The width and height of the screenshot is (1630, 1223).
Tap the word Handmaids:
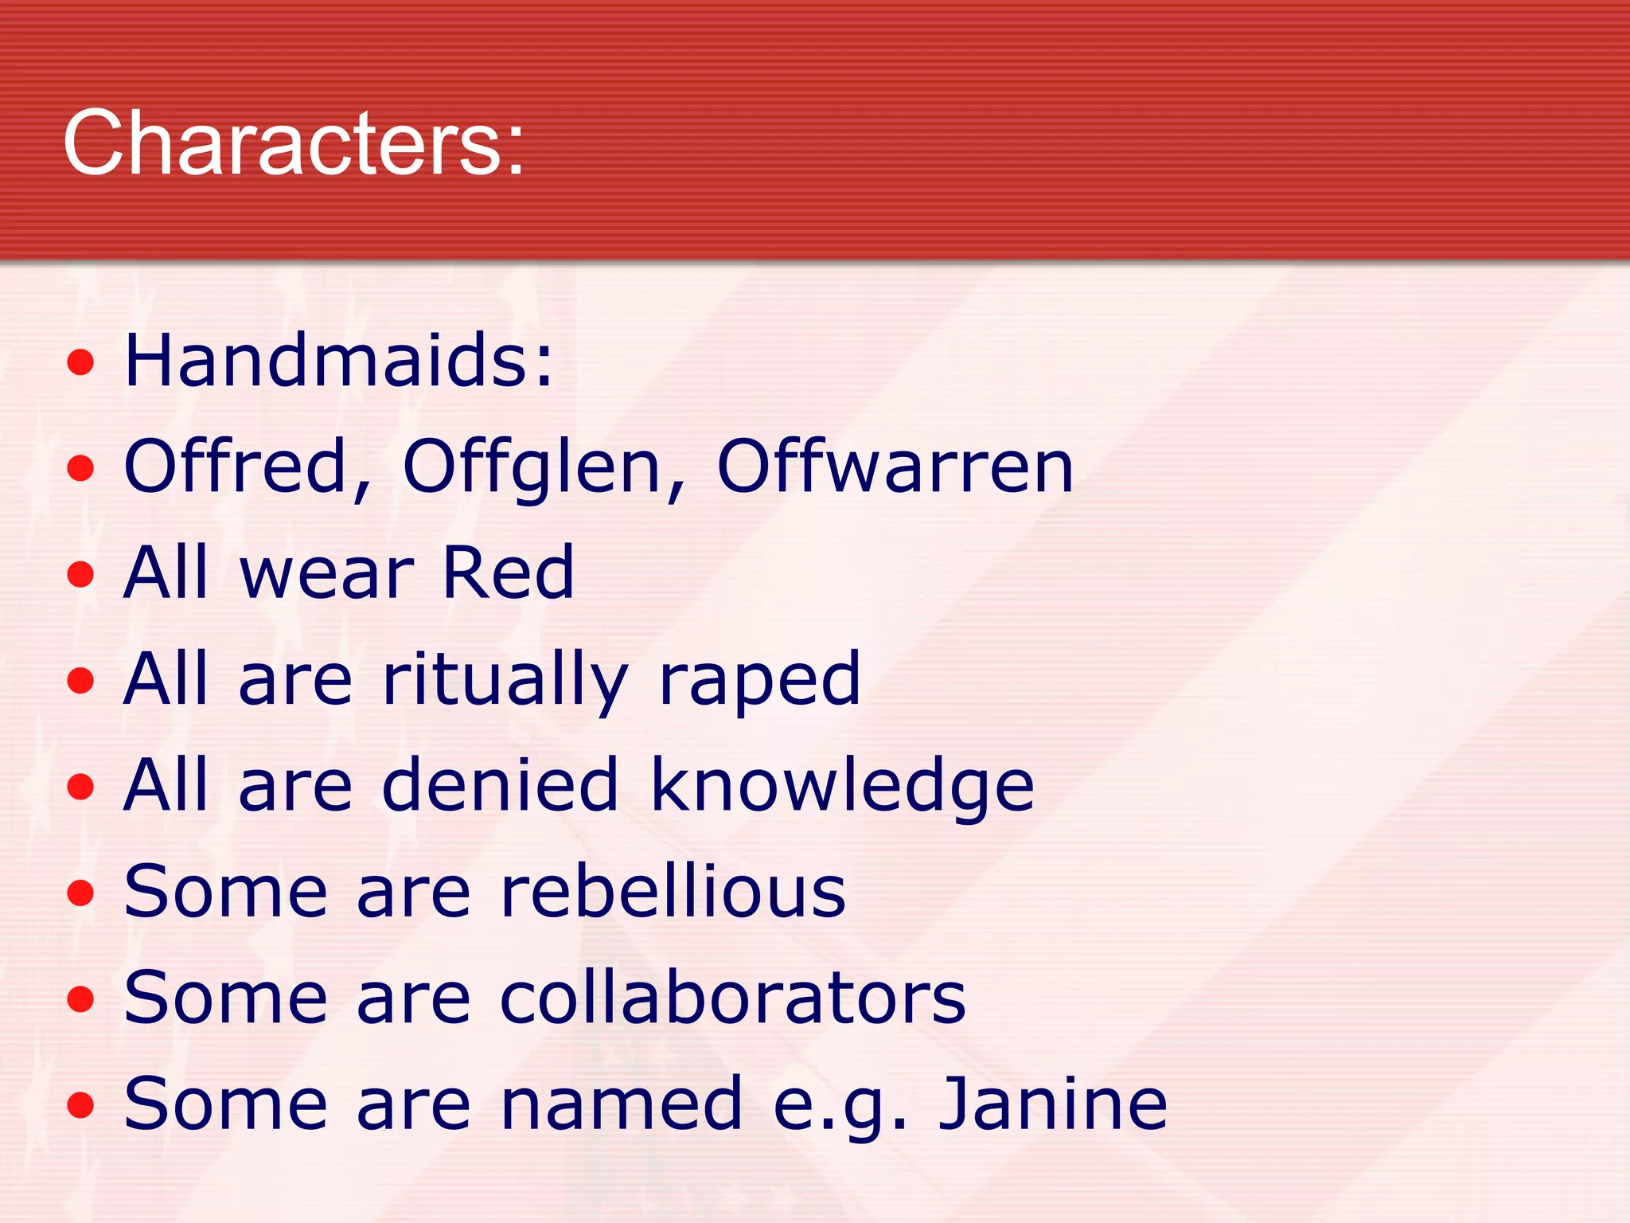pos(338,361)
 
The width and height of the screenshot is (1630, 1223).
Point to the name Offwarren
pos(895,467)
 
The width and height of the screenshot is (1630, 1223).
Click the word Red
pos(507,572)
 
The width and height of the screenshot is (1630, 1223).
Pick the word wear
pos(326,572)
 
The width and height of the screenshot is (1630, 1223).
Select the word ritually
pos(505,679)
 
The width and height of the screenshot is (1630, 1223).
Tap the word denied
pos(500,785)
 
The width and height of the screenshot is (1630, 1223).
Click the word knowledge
pos(843,785)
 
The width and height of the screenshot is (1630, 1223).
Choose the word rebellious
pos(673,892)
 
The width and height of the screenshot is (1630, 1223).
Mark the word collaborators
pos(732,998)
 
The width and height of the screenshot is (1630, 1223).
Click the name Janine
pos(1052,1104)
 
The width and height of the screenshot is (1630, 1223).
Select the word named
pos(622,1104)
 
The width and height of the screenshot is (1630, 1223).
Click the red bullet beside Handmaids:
pos(80,363)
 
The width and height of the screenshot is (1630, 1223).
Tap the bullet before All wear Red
pos(80,575)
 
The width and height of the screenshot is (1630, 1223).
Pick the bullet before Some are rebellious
pos(80,893)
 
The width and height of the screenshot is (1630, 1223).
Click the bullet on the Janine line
pos(80,1105)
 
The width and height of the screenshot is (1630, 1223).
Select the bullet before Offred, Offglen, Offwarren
pos(80,469)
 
